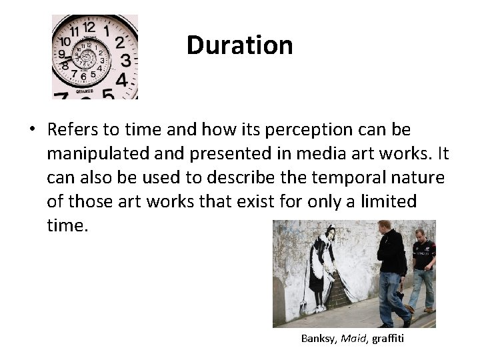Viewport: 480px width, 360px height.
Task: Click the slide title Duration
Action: point(239,45)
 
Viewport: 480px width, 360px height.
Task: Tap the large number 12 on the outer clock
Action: point(88,27)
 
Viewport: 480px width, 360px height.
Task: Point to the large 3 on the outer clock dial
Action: point(125,61)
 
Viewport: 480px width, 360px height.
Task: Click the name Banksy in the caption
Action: point(320,339)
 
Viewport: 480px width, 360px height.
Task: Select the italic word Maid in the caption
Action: point(353,339)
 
